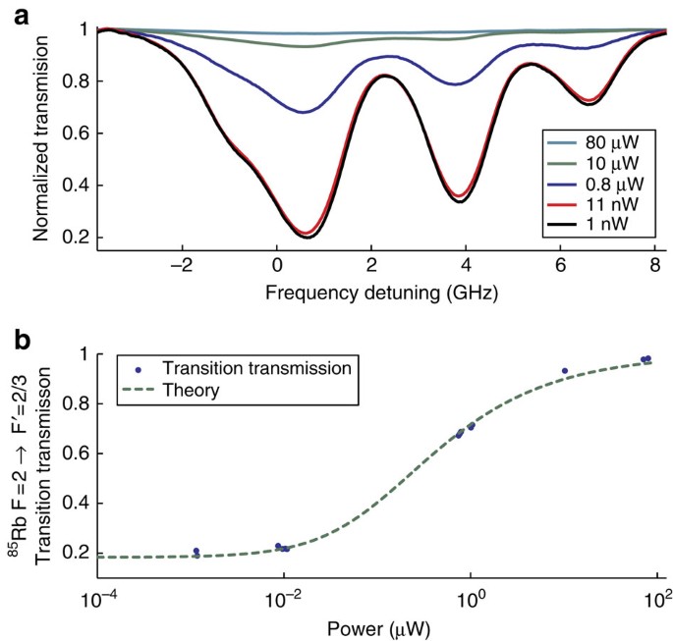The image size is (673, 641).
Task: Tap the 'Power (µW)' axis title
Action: (x=377, y=625)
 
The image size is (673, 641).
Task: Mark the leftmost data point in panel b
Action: (x=196, y=551)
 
